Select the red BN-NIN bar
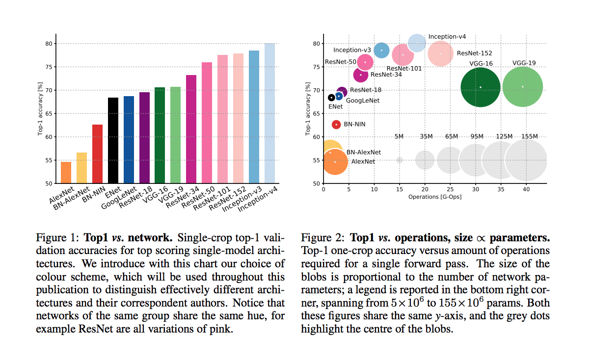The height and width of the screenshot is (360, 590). click(x=97, y=154)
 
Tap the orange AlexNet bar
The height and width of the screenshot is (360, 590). click(x=66, y=172)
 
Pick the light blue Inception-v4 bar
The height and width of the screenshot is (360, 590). click(x=269, y=113)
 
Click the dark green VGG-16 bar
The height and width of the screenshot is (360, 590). click(x=160, y=135)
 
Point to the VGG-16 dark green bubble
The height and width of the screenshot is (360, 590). click(x=480, y=87)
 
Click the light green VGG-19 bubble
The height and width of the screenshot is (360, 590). click(x=522, y=87)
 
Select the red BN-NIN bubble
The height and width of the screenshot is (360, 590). click(x=336, y=125)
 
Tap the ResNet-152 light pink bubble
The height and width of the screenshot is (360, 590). click(x=440, y=53)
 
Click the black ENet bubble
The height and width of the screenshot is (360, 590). click(x=331, y=98)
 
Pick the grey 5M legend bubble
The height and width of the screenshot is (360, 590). click(x=400, y=160)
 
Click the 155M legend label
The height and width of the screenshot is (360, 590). click(x=530, y=136)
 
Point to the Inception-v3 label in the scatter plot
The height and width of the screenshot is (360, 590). click(x=352, y=50)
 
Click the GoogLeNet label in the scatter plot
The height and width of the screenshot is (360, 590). click(x=363, y=101)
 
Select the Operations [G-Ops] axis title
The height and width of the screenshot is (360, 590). click(x=434, y=197)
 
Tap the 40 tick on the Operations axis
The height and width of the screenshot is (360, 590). click(x=526, y=189)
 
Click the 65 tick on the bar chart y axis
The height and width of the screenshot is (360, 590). click(x=48, y=114)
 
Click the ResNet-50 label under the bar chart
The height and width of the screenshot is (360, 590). click(x=199, y=197)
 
